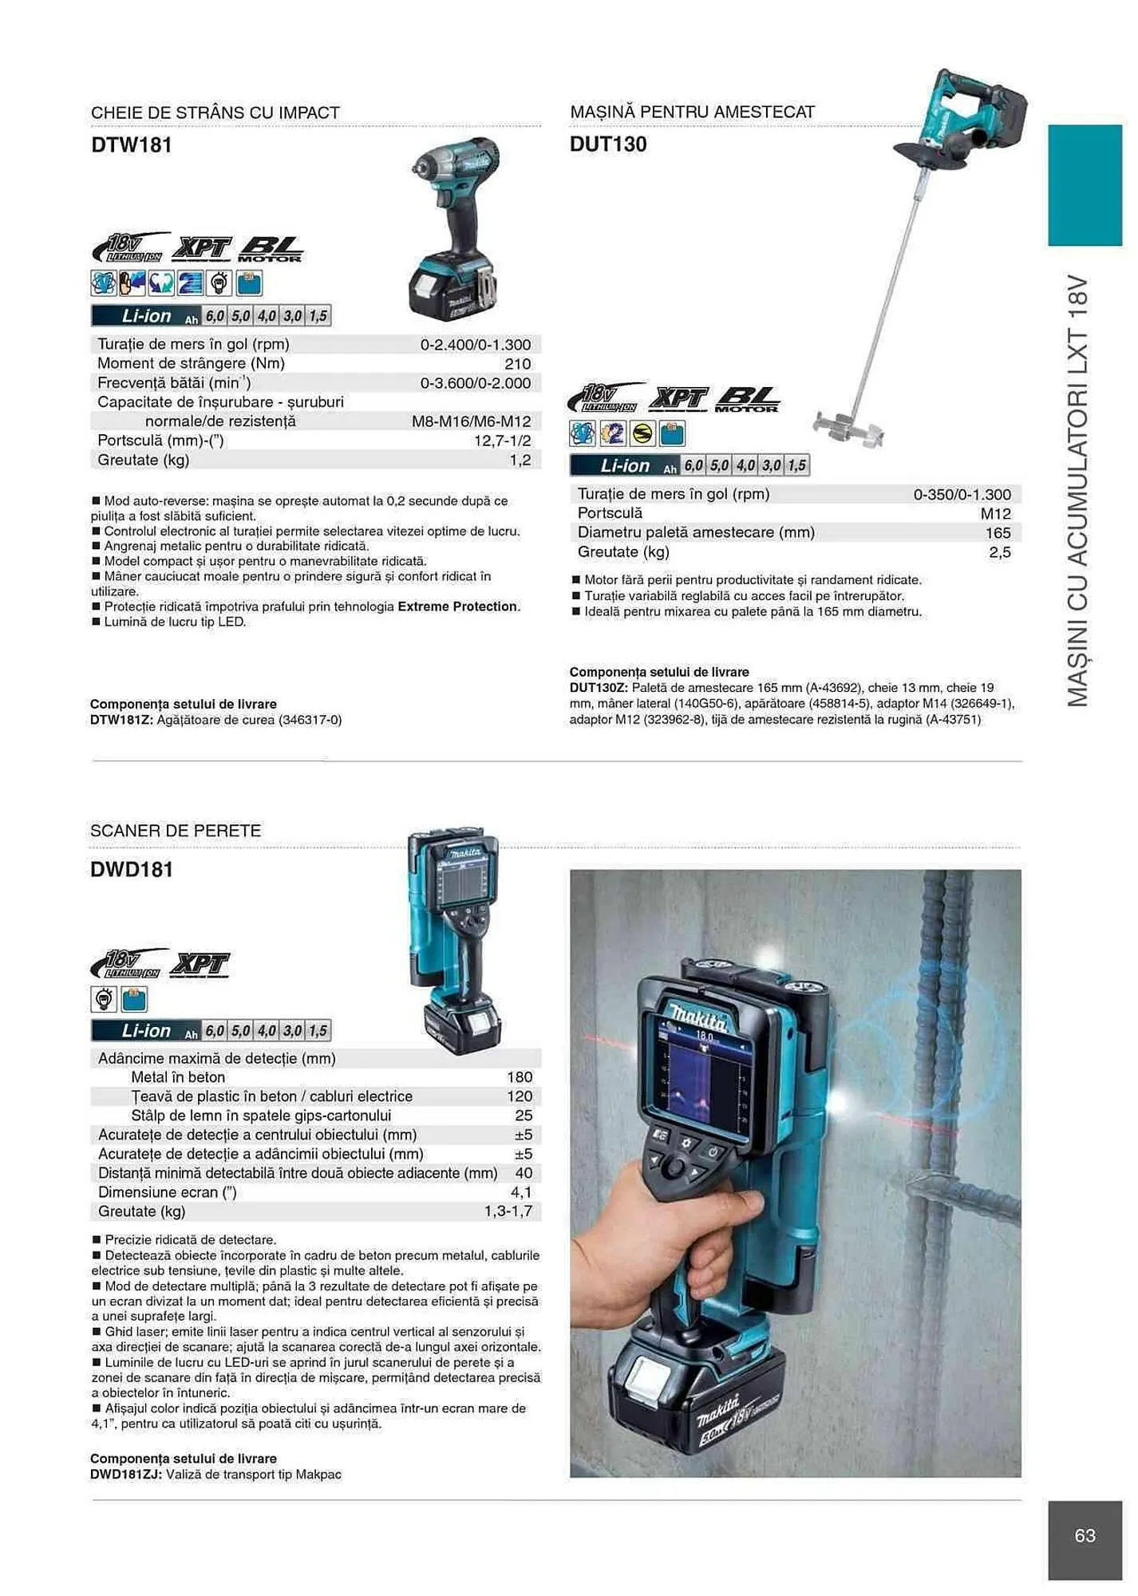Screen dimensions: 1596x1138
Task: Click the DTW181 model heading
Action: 132,145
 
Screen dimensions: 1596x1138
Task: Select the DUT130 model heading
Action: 608,144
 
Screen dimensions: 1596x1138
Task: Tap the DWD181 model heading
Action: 132,870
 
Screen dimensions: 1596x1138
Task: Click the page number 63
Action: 1085,1535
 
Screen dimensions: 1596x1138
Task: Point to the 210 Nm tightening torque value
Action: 518,364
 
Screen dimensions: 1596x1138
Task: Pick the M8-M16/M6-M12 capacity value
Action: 471,421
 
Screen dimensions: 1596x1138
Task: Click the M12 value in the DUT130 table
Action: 995,514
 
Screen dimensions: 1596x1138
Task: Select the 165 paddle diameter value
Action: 998,533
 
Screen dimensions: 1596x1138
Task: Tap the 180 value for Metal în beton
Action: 520,1077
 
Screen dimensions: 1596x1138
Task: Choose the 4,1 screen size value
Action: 521,1192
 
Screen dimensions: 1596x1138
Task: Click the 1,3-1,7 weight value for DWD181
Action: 508,1211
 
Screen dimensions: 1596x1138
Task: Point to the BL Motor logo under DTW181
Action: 271,249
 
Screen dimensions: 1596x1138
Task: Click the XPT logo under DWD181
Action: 200,965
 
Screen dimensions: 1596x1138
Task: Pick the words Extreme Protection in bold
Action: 457,606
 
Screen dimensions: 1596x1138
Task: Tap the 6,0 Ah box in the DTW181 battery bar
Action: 215,316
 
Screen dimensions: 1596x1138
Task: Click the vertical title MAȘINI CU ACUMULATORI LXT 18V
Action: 1077,491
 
